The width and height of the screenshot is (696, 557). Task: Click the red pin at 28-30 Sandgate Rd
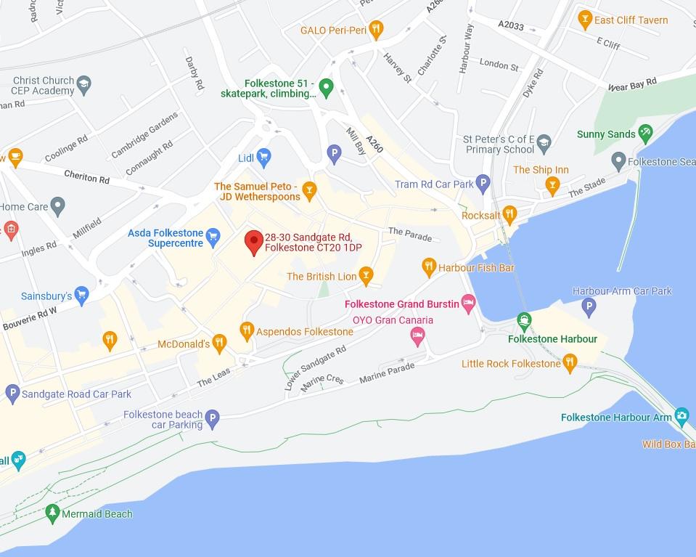pos(253,241)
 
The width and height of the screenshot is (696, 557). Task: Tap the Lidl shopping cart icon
pos(264,156)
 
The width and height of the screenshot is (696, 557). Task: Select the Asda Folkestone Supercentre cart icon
pos(213,235)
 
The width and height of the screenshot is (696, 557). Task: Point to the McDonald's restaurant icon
pos(220,341)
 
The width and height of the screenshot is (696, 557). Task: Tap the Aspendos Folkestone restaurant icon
pos(247,330)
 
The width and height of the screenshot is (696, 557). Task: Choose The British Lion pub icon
pos(367,275)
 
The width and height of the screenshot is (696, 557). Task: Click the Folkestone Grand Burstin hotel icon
pos(468,301)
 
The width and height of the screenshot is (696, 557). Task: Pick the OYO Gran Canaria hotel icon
pos(417,334)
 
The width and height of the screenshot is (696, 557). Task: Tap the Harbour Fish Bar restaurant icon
pos(429,267)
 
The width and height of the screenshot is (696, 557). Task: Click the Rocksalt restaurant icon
pos(509,214)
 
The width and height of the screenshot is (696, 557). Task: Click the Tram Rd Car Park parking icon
pos(483,183)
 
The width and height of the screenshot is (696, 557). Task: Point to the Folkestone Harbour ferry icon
pos(524,321)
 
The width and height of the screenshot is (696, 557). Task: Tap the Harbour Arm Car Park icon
pos(589,307)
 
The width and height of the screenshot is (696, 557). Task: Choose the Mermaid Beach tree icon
pos(52,513)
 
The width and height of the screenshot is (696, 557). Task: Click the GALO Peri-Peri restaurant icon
pos(375,29)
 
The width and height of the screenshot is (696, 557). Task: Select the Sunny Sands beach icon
pos(644,133)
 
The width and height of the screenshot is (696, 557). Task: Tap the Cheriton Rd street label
pos(86,176)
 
